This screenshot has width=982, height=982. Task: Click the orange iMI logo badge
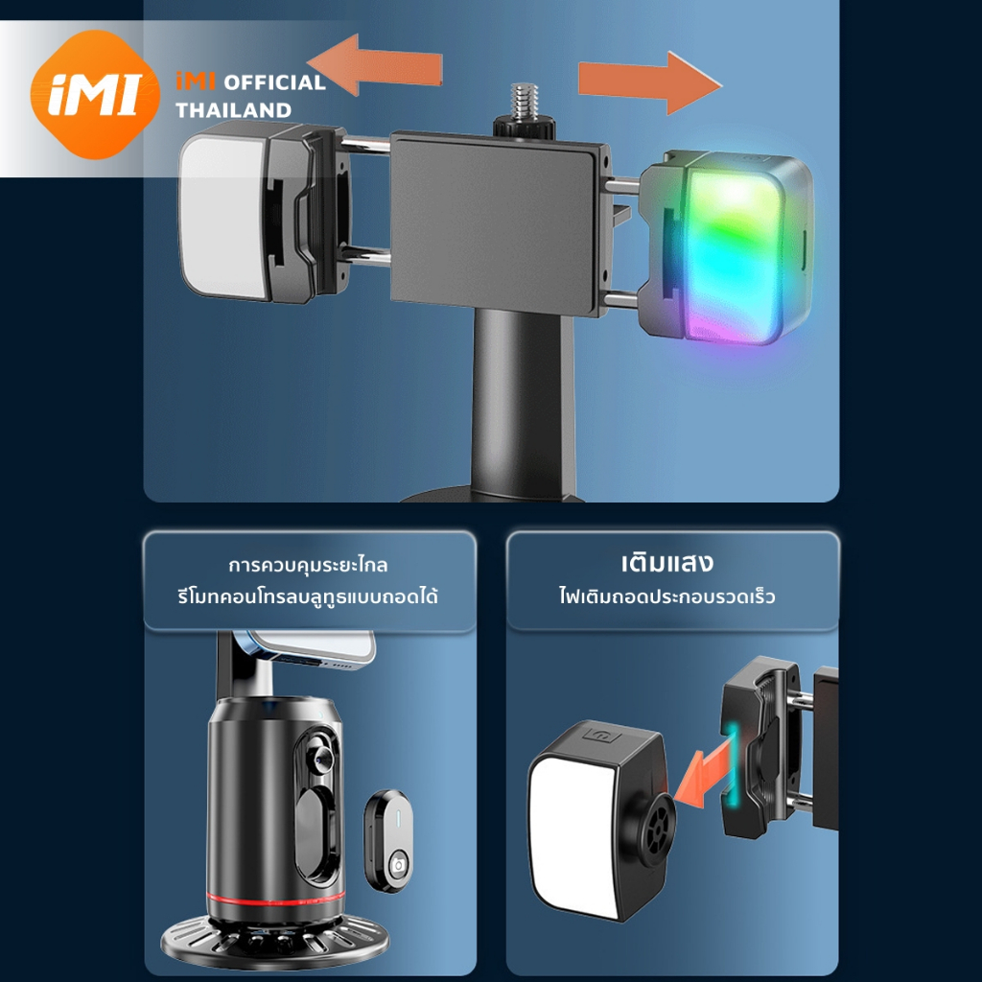(95, 95)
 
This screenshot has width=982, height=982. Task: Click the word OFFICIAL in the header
(274, 82)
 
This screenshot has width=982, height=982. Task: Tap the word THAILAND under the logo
(233, 110)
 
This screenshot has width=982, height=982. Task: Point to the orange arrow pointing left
(375, 65)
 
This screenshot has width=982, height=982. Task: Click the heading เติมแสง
(667, 562)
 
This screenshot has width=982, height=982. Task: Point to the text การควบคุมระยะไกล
(308, 565)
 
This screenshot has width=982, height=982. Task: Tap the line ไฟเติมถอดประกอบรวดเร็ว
(667, 596)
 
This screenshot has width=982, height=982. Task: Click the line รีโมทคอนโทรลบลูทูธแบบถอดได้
(308, 596)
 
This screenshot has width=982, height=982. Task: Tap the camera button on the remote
(397, 866)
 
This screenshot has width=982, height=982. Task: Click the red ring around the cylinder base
(275, 900)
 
